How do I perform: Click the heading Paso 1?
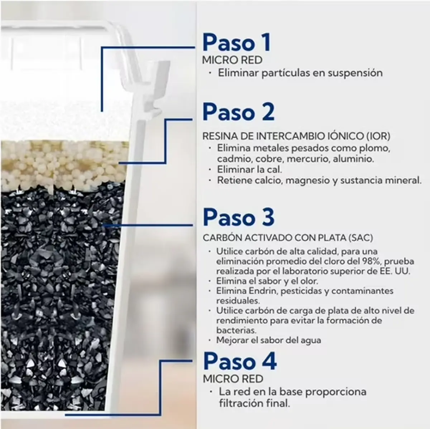[x=237, y=43]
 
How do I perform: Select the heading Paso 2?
[x=238, y=112]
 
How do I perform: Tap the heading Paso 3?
[x=239, y=217]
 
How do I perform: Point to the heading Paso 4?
[x=240, y=361]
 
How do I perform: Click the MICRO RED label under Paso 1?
[x=232, y=60]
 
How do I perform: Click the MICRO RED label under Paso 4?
[x=233, y=379]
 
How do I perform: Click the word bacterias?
[x=236, y=330]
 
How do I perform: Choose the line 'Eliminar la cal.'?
[x=249, y=169]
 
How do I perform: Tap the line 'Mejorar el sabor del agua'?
[x=269, y=340]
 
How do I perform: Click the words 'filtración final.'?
[x=254, y=403]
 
